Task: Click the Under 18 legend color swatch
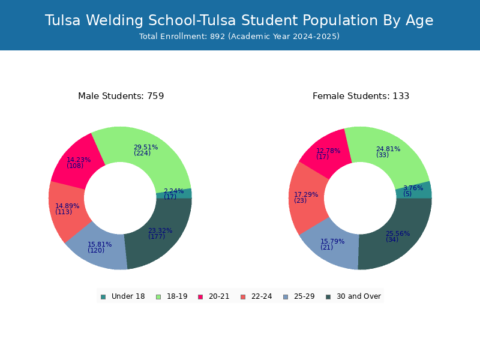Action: click(103, 297)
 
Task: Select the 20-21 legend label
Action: click(219, 296)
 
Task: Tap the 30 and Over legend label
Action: click(359, 296)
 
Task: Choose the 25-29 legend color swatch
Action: click(286, 297)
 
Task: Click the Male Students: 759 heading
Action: click(121, 96)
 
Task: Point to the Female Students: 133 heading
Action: click(361, 96)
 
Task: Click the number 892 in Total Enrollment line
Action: click(218, 37)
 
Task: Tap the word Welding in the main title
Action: click(114, 20)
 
